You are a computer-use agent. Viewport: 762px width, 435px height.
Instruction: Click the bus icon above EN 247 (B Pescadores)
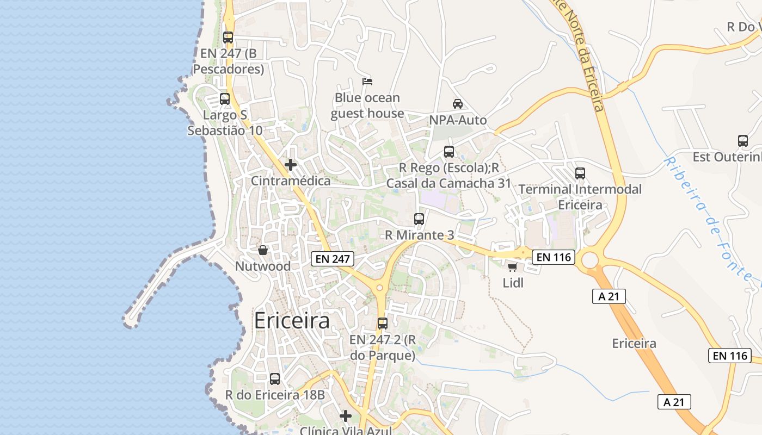click(228, 38)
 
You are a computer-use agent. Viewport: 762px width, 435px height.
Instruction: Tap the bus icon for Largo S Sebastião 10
click(224, 99)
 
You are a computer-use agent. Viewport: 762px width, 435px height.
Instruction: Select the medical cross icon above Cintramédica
click(291, 164)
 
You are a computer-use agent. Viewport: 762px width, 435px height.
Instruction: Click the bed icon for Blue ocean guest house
click(367, 82)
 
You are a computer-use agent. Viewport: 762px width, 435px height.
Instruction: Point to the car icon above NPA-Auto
click(458, 104)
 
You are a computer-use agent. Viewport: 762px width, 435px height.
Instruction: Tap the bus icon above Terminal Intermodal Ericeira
click(580, 173)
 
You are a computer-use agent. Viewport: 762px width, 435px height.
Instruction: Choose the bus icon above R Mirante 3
click(419, 219)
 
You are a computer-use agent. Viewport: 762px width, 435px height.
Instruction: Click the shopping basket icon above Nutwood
click(263, 250)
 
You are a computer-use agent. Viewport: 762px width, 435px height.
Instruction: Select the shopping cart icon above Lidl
click(512, 267)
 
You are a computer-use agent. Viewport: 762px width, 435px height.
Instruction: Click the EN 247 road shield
click(333, 259)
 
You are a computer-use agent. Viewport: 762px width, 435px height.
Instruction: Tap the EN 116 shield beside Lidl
click(553, 257)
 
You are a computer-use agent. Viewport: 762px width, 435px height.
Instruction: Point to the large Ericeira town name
click(292, 321)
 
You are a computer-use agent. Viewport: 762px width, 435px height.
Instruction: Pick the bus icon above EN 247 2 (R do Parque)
click(383, 324)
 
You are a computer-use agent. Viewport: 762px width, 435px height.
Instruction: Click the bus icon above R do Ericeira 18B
click(275, 379)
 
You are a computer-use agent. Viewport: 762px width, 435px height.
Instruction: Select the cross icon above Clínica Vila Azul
click(346, 417)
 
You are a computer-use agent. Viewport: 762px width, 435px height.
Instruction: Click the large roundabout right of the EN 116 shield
click(590, 260)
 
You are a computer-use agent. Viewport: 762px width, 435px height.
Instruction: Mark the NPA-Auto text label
click(458, 120)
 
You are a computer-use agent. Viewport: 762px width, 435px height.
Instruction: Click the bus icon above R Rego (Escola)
click(449, 152)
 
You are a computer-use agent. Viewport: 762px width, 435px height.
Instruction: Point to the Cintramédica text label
click(291, 181)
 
